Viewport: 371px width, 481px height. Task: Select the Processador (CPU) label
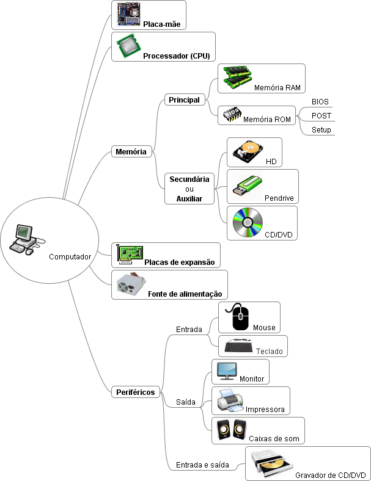176,56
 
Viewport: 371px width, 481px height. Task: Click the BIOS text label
320,101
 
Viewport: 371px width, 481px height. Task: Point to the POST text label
321,115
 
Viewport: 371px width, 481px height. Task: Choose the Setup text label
321,130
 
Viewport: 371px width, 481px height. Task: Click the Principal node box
184,99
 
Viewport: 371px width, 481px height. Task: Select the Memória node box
131,151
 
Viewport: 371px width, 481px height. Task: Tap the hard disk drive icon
247,152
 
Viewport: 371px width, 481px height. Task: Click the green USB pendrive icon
247,187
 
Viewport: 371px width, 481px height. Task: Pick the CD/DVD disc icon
248,224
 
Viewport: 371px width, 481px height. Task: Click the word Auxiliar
189,199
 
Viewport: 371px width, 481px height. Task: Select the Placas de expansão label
180,262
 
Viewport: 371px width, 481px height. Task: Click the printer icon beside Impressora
230,400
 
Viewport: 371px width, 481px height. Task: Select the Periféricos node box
136,392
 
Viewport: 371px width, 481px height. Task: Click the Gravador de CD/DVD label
330,476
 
